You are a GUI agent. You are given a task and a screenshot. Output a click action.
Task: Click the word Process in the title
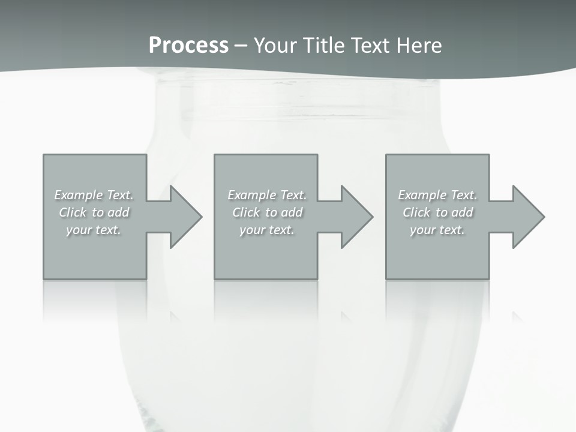tap(188, 46)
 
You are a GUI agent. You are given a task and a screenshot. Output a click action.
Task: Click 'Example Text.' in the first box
tap(94, 195)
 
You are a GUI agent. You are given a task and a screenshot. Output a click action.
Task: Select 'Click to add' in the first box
tap(94, 212)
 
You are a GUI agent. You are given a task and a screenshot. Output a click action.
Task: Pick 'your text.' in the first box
tap(94, 230)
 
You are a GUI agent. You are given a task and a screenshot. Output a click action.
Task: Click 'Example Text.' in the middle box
tap(267, 195)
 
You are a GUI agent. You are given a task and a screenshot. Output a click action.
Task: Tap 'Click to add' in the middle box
tap(267, 212)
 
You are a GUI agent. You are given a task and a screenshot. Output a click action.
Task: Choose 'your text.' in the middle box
tap(267, 230)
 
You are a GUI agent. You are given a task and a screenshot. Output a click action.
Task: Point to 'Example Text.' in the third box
tap(437, 195)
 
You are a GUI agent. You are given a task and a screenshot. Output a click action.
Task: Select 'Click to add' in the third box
tap(437, 212)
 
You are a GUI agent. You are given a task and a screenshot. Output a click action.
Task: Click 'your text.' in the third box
tap(437, 230)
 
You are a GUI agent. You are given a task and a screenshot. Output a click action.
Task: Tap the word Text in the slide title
tap(370, 46)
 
